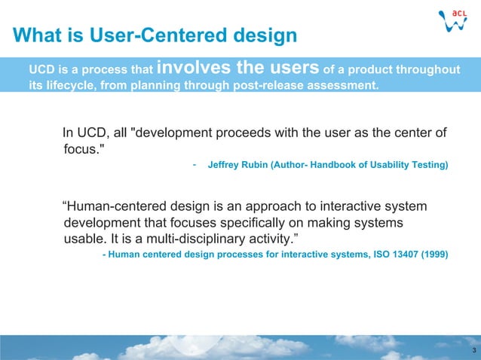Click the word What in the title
tap(36, 35)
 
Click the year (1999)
tap(433, 255)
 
